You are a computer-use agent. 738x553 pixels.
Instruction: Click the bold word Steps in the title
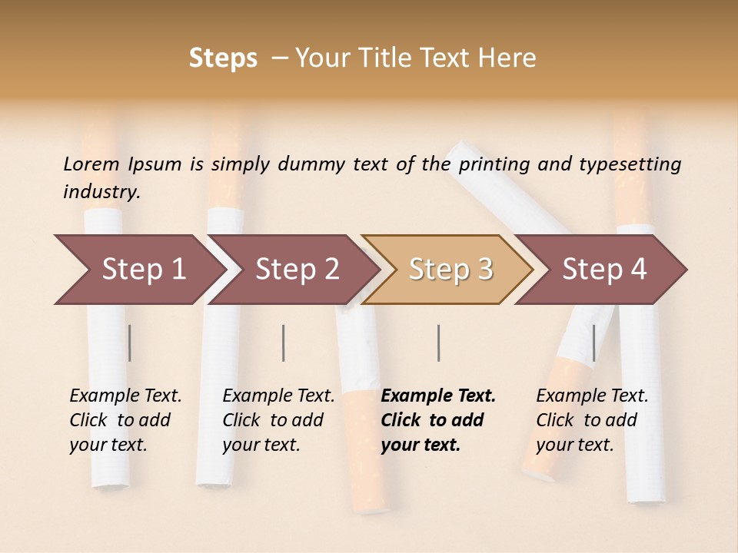pyautogui.click(x=223, y=58)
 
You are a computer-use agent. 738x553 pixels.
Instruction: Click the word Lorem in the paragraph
pyautogui.click(x=91, y=164)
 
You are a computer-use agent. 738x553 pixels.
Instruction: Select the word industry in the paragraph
pyautogui.click(x=101, y=191)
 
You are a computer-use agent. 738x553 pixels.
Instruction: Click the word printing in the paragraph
pyautogui.click(x=497, y=164)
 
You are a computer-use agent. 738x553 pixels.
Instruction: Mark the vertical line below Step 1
pyautogui.click(x=130, y=343)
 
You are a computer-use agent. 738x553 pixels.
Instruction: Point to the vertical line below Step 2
pyautogui.click(x=284, y=343)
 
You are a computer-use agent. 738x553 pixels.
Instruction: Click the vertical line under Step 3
pyautogui.click(x=438, y=343)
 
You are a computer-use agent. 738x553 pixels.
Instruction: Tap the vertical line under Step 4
pyautogui.click(x=593, y=343)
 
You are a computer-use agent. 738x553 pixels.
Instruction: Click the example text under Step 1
pyautogui.click(x=125, y=420)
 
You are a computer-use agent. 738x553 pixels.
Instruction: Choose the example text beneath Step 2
pyautogui.click(x=278, y=420)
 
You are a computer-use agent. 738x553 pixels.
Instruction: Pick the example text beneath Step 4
pyautogui.click(x=592, y=420)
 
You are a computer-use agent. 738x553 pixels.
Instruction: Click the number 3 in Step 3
pyautogui.click(x=484, y=269)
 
